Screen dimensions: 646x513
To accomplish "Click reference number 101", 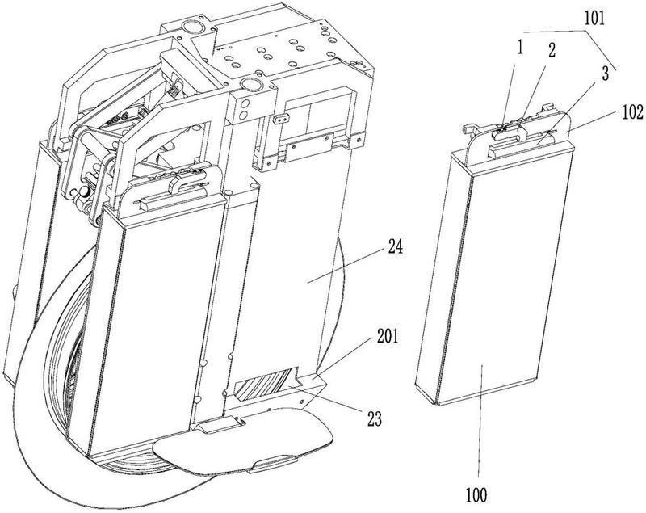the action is pyautogui.click(x=594, y=18).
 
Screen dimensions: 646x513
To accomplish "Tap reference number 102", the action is pyautogui.click(x=632, y=112).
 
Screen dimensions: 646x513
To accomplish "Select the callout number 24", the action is pyautogui.click(x=395, y=247).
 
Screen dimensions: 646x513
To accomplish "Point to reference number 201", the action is pyautogui.click(x=388, y=337).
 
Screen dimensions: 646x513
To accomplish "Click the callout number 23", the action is pyautogui.click(x=375, y=419).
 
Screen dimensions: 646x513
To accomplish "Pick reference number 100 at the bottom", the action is pyautogui.click(x=476, y=494).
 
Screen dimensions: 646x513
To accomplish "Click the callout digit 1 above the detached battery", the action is pyautogui.click(x=520, y=48).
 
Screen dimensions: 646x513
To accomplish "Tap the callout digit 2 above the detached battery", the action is pyautogui.click(x=552, y=50).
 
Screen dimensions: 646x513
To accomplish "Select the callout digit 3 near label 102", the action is pyautogui.click(x=604, y=74).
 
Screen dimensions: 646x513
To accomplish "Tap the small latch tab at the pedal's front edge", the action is pyautogui.click(x=273, y=464).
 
